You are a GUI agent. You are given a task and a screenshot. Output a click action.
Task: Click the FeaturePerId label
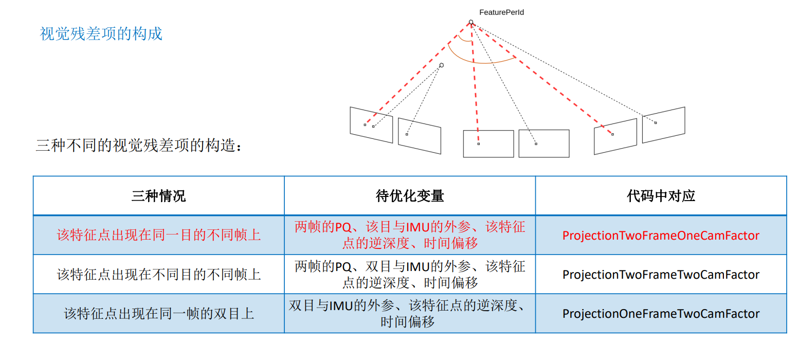(x=501, y=12)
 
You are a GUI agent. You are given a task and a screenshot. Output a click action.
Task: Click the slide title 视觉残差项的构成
(x=101, y=34)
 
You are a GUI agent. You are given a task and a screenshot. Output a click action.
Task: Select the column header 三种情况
(x=158, y=196)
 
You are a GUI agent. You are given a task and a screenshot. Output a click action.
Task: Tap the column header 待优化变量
(x=409, y=196)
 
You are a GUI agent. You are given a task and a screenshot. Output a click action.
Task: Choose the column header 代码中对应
(x=661, y=196)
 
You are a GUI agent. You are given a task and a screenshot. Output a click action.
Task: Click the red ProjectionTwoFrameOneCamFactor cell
(x=661, y=236)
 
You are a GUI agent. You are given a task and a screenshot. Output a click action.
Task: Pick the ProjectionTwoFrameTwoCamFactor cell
(x=661, y=275)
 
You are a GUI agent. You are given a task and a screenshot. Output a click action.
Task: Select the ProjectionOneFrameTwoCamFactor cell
(x=661, y=314)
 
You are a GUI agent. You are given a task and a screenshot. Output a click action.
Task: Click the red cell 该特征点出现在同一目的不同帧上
(x=158, y=236)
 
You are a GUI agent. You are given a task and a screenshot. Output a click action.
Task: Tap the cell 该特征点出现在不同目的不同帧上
(x=158, y=275)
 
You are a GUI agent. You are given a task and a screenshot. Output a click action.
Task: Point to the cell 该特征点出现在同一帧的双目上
(x=158, y=314)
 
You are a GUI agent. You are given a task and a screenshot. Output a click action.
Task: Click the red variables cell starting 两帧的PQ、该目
(x=409, y=235)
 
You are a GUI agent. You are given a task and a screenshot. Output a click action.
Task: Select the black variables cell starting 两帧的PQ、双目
(x=409, y=275)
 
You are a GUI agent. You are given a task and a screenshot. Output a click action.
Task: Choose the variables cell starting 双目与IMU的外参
(x=409, y=314)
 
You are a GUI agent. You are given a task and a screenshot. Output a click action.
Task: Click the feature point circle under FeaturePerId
(x=470, y=22)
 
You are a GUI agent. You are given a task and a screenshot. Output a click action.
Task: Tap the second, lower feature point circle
(x=441, y=65)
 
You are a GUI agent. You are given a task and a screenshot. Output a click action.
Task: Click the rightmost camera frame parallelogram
(x=663, y=124)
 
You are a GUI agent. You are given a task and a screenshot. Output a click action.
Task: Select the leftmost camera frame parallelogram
(x=371, y=124)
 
